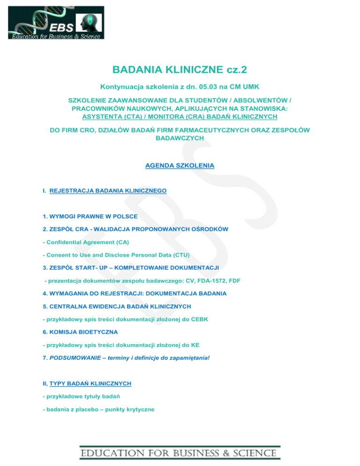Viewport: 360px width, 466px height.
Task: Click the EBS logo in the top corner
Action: [x=56, y=23]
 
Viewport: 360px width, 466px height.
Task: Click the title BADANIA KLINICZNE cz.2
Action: [x=180, y=70]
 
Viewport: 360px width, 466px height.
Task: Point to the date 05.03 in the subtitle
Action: [x=215, y=87]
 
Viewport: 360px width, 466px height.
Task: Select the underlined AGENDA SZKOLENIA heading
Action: [x=180, y=165]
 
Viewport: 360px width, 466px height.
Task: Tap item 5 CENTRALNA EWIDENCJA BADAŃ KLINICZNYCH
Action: [x=117, y=307]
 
